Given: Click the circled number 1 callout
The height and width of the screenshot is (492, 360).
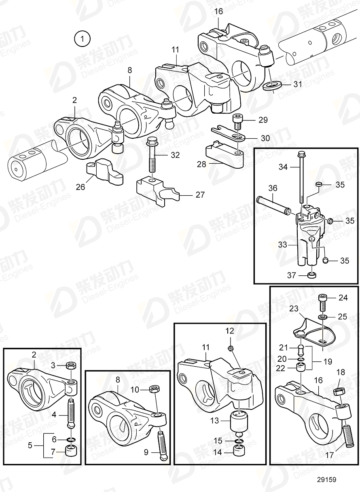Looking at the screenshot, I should tap(83, 39).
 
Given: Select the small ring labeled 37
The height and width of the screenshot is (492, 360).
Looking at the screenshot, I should tap(311, 276).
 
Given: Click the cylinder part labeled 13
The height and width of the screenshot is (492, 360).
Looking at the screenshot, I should tap(238, 420).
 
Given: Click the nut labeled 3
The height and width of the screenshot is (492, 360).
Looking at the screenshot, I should tap(71, 366).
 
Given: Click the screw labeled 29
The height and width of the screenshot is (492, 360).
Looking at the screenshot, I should tap(237, 120).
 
